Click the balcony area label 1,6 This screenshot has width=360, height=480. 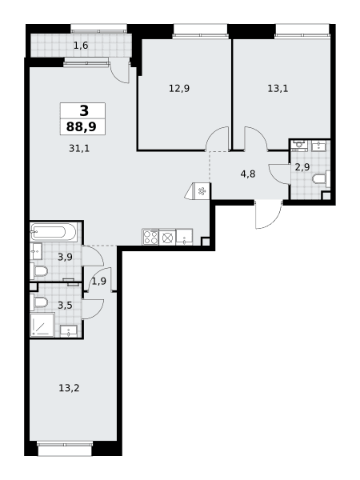(81, 46)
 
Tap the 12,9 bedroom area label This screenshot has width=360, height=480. (179, 89)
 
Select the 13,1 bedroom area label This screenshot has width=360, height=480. (278, 89)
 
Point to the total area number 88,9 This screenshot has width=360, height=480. (82, 126)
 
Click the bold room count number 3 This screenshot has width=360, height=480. (84, 110)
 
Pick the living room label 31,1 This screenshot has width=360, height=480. (79, 149)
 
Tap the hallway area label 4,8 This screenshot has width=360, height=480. (248, 174)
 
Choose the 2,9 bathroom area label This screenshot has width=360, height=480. (302, 167)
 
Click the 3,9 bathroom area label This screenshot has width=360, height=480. (66, 257)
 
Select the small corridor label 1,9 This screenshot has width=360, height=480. (99, 281)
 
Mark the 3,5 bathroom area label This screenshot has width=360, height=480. (66, 306)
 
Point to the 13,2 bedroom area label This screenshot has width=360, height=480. (69, 388)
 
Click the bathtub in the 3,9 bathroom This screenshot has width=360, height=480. (54, 232)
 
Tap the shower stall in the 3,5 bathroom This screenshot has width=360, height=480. (42, 325)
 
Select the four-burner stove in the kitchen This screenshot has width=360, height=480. (150, 237)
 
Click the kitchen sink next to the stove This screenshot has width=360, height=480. (184, 237)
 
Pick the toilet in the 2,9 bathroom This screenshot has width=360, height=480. (321, 178)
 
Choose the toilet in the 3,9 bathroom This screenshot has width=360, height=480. (39, 271)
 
